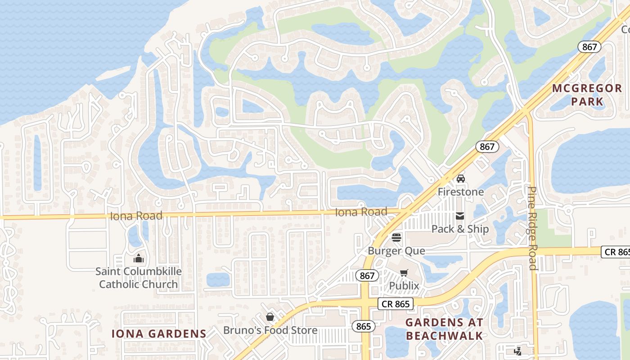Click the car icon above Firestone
(460, 179)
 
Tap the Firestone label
(461, 192)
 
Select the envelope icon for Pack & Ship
(459, 216)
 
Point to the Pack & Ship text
(460, 229)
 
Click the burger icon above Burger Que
(396, 237)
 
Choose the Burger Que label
(396, 251)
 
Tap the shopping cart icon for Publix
(404, 273)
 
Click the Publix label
(404, 286)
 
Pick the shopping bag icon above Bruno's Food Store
(270, 317)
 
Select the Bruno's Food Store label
(270, 330)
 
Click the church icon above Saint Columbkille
(138, 258)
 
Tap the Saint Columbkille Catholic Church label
(139, 278)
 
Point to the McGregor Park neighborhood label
(587, 94)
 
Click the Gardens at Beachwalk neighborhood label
(444, 329)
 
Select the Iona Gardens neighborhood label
(159, 333)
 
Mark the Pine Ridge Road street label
(532, 228)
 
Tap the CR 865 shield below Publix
(395, 304)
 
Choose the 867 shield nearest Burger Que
(367, 275)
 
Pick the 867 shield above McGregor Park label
(589, 47)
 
